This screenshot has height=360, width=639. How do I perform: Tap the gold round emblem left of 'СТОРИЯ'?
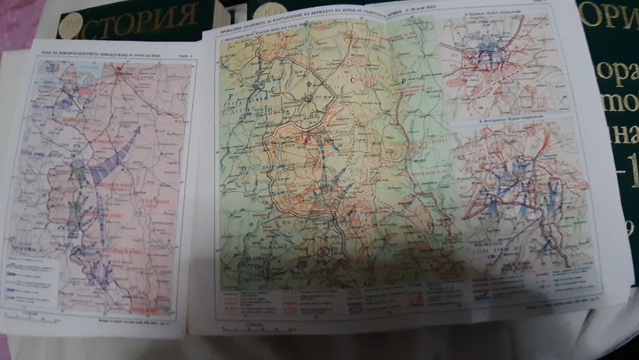tap(70, 24)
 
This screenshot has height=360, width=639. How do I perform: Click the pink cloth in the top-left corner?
tap(19, 19)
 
